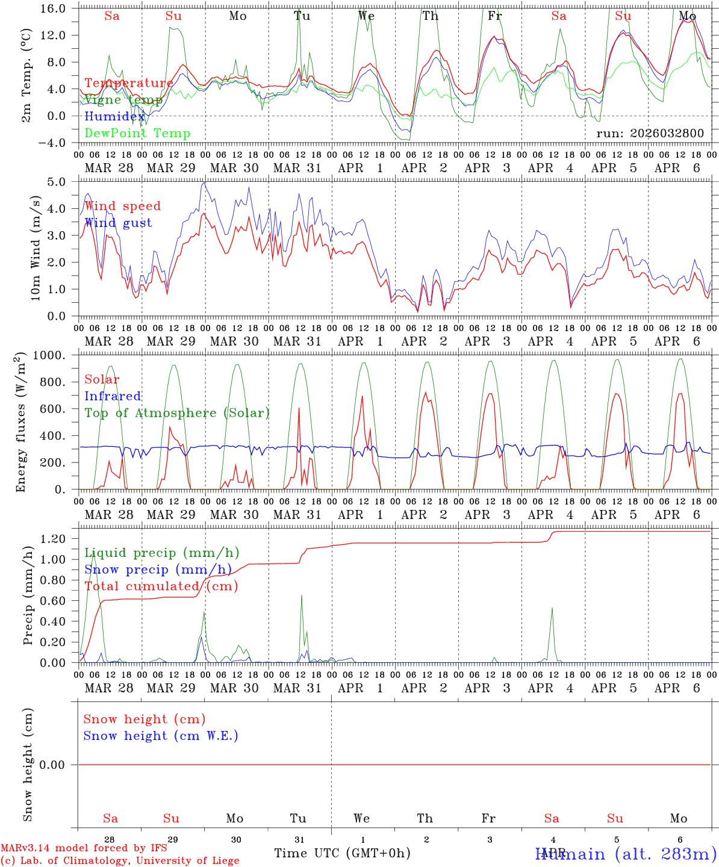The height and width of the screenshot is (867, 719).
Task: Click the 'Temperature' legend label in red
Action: (129, 83)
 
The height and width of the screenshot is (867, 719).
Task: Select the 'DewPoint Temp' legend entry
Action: (137, 134)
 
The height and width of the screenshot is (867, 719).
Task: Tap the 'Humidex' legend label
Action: (114, 117)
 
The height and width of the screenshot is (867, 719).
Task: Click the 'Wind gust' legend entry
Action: (118, 223)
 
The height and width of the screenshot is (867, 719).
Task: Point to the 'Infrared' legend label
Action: (113, 396)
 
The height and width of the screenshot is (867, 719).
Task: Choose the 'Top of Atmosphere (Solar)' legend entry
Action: (177, 413)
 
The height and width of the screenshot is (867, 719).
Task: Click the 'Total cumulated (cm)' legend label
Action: (161, 586)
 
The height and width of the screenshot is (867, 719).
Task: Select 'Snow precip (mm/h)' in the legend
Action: (158, 570)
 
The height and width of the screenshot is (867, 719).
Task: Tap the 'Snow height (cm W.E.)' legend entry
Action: (161, 736)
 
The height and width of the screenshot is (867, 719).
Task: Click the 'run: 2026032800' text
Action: (650, 134)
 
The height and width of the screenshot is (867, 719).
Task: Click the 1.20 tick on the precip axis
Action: (60, 539)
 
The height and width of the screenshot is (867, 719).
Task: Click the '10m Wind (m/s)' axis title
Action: (36, 249)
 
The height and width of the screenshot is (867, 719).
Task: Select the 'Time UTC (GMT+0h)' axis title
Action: (343, 853)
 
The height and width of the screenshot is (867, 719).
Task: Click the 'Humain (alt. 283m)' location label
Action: (626, 854)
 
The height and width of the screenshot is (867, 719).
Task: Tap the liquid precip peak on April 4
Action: (552, 608)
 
